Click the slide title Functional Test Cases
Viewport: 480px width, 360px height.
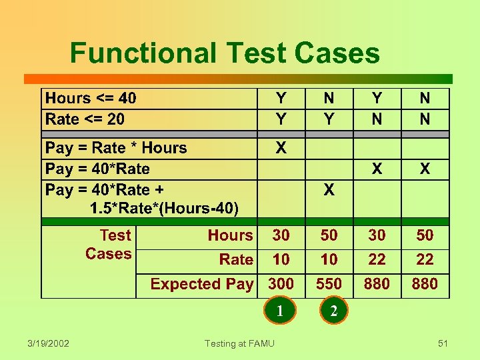pyautogui.click(x=225, y=53)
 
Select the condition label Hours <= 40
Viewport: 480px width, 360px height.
pyautogui.click(x=91, y=99)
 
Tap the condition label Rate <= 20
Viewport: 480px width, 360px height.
pyautogui.click(x=85, y=119)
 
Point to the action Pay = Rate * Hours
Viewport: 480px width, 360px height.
pyautogui.click(x=116, y=148)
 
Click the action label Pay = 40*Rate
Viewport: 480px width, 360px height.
pyautogui.click(x=97, y=169)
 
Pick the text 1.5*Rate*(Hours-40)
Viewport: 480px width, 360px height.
pyautogui.click(x=164, y=209)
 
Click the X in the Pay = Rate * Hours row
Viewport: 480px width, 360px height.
pyautogui.click(x=281, y=148)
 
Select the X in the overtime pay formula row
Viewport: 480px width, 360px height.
pyautogui.click(x=329, y=190)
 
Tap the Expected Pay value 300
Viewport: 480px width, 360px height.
pyautogui.click(x=281, y=284)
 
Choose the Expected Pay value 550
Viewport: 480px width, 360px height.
pyautogui.click(x=329, y=284)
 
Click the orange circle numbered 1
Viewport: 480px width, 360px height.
pyautogui.click(x=281, y=310)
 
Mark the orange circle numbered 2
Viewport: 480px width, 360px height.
pyautogui.click(x=333, y=311)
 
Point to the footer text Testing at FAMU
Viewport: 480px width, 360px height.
pyautogui.click(x=239, y=343)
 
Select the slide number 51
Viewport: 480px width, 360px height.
pyautogui.click(x=443, y=343)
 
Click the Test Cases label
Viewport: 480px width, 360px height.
pyautogui.click(x=109, y=244)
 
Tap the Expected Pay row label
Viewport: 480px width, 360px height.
pyautogui.click(x=201, y=284)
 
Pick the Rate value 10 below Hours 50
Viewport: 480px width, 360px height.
pyautogui.click(x=329, y=259)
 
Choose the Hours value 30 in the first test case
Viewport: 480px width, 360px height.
pyautogui.click(x=281, y=235)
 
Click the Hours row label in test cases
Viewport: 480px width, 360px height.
pyautogui.click(x=230, y=235)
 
